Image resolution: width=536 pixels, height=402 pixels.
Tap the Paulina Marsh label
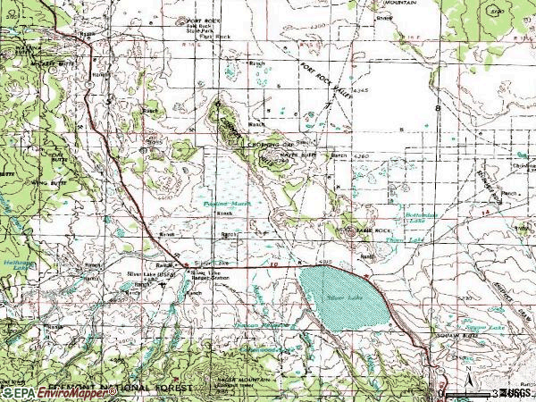226,204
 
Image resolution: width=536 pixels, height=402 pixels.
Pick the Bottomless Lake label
421,219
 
